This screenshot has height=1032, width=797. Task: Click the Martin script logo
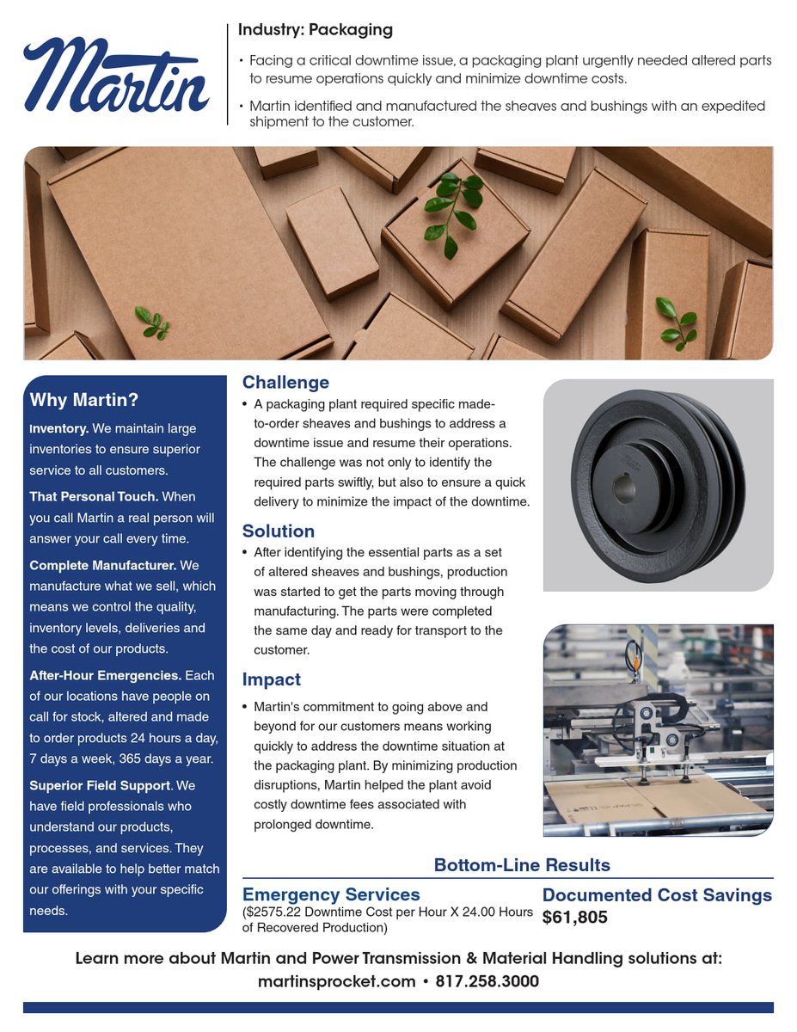point(116,76)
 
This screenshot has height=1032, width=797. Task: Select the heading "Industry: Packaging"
point(315,30)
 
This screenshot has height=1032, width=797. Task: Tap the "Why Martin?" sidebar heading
point(84,400)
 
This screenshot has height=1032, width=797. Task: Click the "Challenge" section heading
point(285,383)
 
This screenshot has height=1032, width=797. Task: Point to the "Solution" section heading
point(279,531)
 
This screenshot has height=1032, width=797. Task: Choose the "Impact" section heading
point(272,680)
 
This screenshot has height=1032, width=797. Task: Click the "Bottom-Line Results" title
point(522,865)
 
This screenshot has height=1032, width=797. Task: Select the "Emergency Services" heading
point(331,895)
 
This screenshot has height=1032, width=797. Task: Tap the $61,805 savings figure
point(575,918)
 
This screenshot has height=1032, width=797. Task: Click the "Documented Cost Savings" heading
point(657,895)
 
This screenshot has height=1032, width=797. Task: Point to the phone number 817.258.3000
point(487,981)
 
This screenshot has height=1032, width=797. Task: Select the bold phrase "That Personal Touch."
point(94,497)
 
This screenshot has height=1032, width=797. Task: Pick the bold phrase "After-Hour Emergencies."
point(105,676)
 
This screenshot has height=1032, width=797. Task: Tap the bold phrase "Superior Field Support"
point(100,786)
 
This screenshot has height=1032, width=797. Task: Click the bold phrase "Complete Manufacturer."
point(103,566)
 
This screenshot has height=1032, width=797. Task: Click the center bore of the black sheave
point(623,488)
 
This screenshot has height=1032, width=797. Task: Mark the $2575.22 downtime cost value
point(274,912)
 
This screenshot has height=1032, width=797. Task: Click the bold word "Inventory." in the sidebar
point(59,428)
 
